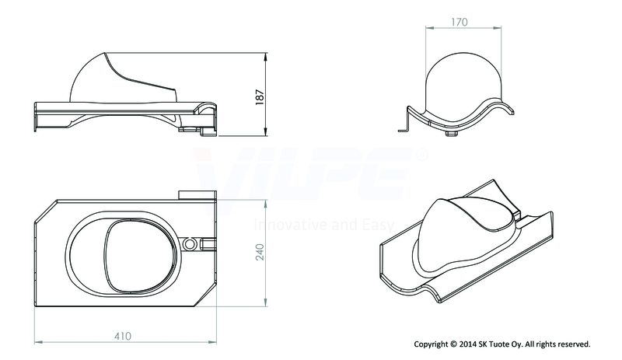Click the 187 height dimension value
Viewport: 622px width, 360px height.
tap(260, 97)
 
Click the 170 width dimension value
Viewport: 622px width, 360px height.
tap(460, 23)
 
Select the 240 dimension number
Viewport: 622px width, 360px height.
tap(260, 252)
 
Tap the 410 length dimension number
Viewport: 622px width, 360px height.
tap(123, 336)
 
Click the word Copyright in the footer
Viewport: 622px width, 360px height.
tap(431, 344)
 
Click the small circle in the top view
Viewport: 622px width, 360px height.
tap(190, 243)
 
